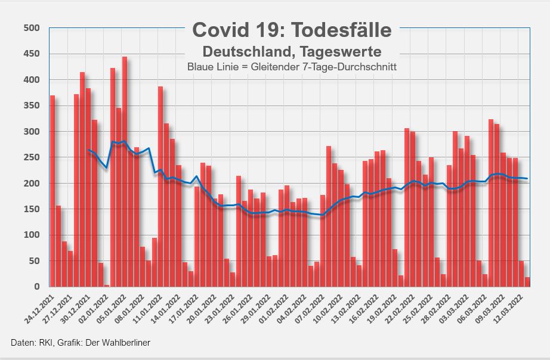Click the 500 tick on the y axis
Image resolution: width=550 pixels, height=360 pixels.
click(31, 28)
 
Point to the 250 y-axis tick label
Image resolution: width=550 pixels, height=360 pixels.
click(31, 157)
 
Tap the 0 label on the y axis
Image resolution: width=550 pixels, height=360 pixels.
click(36, 287)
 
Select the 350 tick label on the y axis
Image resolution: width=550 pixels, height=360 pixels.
click(31, 105)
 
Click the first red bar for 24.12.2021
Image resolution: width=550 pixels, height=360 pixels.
click(52, 191)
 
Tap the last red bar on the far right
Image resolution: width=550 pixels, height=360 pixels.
click(527, 282)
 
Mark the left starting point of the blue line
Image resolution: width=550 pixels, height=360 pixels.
click(88, 150)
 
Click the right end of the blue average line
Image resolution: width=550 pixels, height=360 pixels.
click(527, 179)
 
